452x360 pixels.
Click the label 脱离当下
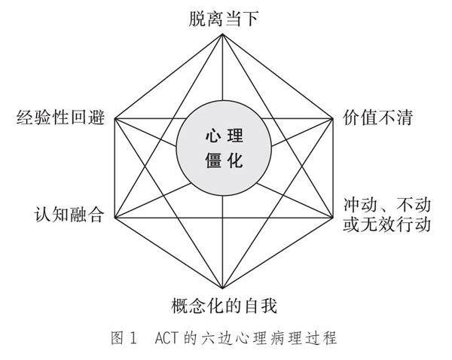pos(224,15)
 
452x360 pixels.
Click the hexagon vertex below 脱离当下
pos(224,32)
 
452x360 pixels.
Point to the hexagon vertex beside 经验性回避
pos(115,118)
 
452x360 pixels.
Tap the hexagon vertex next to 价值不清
pos(334,118)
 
